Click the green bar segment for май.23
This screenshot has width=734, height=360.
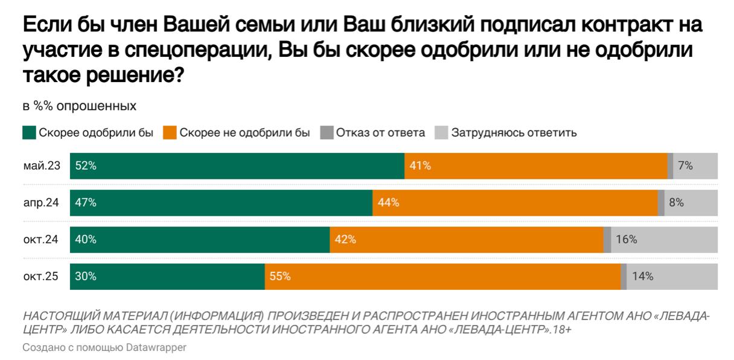click(x=237, y=166)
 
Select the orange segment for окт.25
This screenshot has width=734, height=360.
click(x=442, y=277)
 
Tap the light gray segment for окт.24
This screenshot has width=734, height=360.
click(x=664, y=240)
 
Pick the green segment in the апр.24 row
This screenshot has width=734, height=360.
click(x=221, y=202)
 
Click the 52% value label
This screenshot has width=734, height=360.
click(x=86, y=166)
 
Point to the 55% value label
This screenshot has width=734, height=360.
click(x=280, y=277)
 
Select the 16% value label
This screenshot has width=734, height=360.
click(x=626, y=240)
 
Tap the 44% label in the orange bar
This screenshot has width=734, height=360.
click(x=388, y=202)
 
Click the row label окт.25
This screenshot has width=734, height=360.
click(x=40, y=277)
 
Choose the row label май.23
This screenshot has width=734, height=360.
click(x=42, y=166)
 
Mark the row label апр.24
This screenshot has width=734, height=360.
click(x=41, y=202)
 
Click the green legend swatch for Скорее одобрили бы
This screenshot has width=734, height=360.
click(x=29, y=133)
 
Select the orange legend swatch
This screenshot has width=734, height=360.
click(x=170, y=133)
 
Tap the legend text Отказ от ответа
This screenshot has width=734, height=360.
click(x=380, y=133)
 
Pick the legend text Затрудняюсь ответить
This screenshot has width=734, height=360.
click(x=514, y=133)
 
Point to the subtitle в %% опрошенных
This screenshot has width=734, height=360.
click(x=80, y=106)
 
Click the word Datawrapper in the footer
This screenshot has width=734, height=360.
click(x=156, y=347)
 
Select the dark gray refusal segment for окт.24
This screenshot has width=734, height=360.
click(x=607, y=240)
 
